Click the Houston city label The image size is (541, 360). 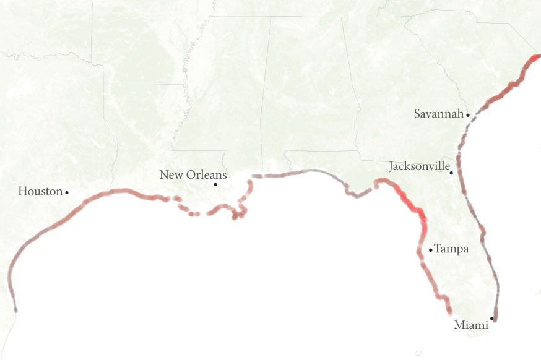[40, 192]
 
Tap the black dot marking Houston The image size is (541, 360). [67, 192]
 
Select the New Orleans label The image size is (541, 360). [193, 175]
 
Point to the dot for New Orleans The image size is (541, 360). [215, 184]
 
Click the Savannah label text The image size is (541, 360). [439, 114]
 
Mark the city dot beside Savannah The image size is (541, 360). [469, 114]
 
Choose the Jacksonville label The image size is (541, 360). [418, 166]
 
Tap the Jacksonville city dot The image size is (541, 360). [452, 173]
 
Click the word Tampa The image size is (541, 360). [451, 249]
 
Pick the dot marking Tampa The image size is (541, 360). [431, 250]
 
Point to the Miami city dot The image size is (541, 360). [492, 319]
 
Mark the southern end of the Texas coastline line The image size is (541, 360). [15, 309]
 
